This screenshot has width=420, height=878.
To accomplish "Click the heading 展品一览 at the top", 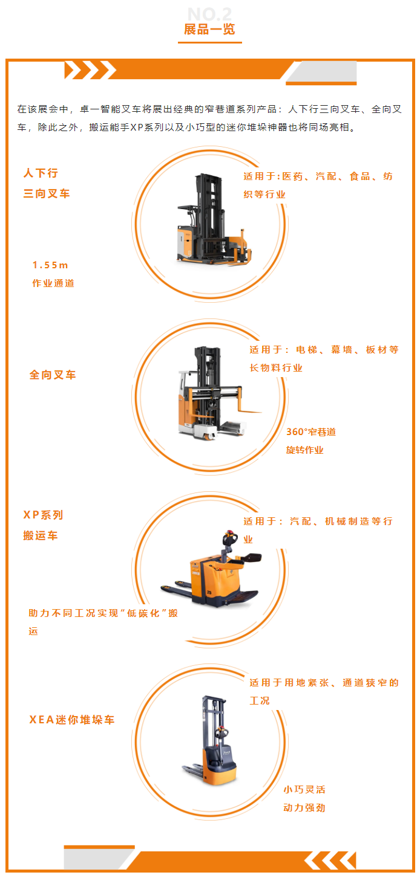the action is [x=209, y=30].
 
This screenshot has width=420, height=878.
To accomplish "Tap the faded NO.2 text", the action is [x=209, y=14].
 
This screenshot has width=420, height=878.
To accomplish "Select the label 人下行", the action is [x=41, y=173].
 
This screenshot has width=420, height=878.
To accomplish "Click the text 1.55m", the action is [x=50, y=265].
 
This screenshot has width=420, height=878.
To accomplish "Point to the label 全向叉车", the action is [x=53, y=375].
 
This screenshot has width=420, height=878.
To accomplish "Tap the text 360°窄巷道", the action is [x=311, y=432].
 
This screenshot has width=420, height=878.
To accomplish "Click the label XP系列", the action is [x=43, y=515].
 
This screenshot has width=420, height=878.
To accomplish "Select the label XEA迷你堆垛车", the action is [x=72, y=720].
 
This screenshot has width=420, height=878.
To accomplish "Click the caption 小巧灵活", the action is [x=304, y=790].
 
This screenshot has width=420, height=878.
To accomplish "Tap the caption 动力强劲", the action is [x=304, y=808].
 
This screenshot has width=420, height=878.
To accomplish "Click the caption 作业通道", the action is [x=53, y=283].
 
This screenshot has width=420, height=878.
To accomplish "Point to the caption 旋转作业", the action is [x=304, y=450].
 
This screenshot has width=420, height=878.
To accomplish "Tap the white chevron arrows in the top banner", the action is [x=90, y=70].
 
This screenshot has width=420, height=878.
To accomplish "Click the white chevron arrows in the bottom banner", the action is [x=330, y=860].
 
